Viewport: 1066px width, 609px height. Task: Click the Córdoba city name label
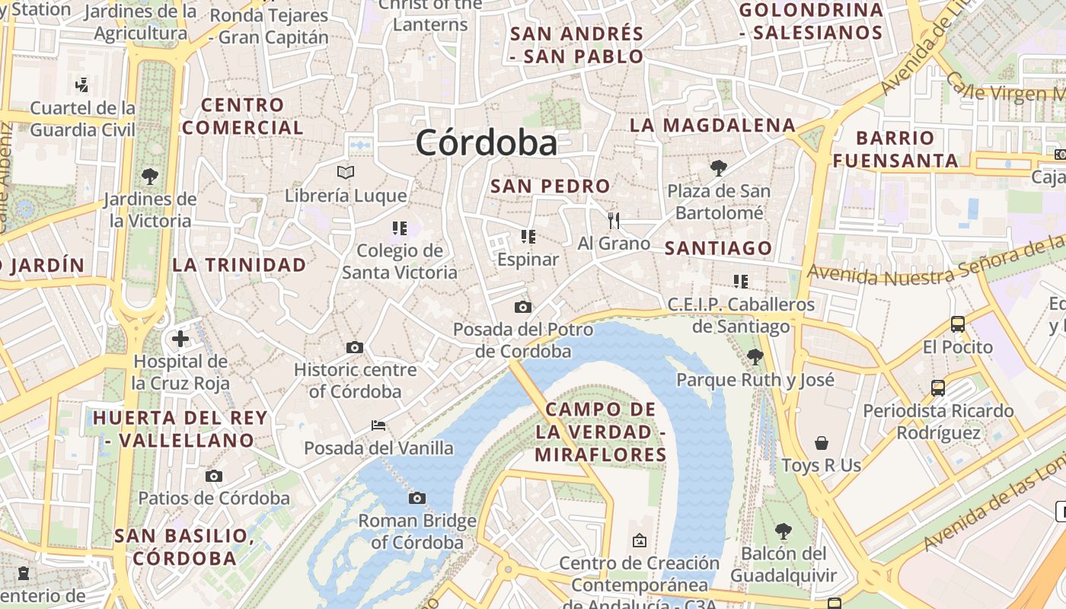(486, 143)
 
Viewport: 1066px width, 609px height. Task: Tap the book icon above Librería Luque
(346, 172)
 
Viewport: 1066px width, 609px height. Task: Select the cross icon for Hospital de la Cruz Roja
(180, 338)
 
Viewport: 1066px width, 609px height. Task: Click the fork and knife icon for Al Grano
(614, 221)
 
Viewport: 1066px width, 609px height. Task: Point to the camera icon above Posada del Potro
(522, 307)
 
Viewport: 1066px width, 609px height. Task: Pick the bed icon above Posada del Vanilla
(378, 425)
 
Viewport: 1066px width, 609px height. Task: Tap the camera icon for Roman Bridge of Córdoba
(417, 498)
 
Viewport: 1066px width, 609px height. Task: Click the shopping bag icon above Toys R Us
(821, 443)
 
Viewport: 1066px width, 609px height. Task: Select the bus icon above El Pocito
(958, 324)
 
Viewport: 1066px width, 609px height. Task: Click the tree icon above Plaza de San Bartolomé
(718, 167)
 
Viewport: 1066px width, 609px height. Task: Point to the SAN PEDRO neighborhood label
(551, 186)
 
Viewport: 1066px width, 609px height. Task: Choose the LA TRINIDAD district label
(239, 265)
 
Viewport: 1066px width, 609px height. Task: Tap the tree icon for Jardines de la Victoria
(150, 177)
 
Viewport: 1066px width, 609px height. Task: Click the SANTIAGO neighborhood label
(718, 248)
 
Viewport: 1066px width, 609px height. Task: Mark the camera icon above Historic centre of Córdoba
(355, 347)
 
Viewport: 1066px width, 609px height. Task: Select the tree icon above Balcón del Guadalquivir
(783, 531)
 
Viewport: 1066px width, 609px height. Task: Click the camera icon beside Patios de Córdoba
(214, 476)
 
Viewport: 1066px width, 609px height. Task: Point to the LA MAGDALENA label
(713, 126)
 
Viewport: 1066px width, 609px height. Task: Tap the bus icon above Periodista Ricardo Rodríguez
(938, 388)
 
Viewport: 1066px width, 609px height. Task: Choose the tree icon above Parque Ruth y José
(755, 356)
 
